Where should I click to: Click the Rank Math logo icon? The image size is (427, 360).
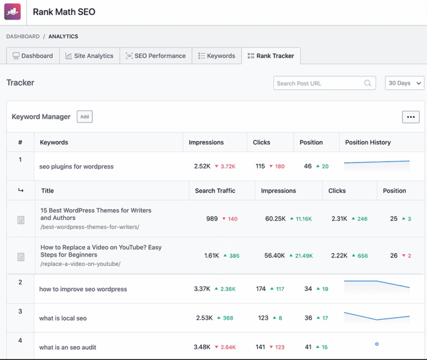pos(12,12)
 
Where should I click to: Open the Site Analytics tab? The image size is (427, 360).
pos(90,56)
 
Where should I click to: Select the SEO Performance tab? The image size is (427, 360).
pos(156,56)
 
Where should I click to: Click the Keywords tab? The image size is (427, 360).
pos(217,56)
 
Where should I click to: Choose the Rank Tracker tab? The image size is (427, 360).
pos(271,56)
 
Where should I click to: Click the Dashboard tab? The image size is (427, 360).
pos(33,56)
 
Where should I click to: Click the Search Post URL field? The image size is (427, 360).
pos(319,83)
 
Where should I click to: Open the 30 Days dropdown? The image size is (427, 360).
pos(404,83)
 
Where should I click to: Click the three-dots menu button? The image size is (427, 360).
pos(411,117)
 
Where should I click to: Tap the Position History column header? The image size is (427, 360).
pos(368,142)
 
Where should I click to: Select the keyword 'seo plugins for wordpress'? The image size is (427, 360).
pos(76,166)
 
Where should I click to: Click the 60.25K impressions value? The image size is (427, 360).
pos(275,218)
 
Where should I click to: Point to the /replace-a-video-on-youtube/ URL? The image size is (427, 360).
pos(80,264)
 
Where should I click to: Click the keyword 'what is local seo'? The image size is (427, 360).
pos(63,318)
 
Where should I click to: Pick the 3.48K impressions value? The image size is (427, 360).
pos(202,347)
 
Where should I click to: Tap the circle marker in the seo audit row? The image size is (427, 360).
pos(376,344)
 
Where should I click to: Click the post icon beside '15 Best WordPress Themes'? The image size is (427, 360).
pos(21,220)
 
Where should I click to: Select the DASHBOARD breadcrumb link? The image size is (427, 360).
pos(23,37)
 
